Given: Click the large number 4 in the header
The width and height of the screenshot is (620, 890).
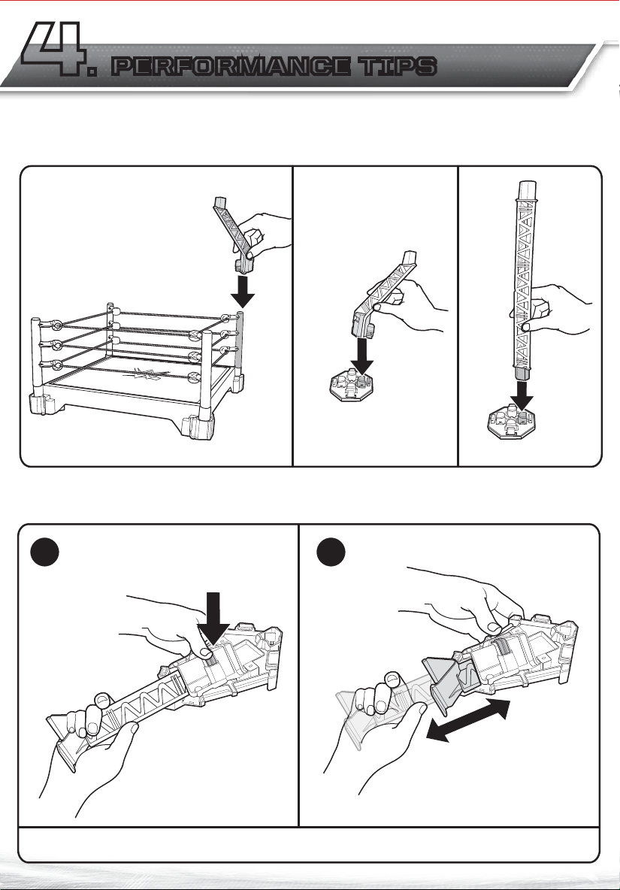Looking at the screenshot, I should coord(53,50).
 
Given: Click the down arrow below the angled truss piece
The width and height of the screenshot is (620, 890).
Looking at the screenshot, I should coord(364,356).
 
